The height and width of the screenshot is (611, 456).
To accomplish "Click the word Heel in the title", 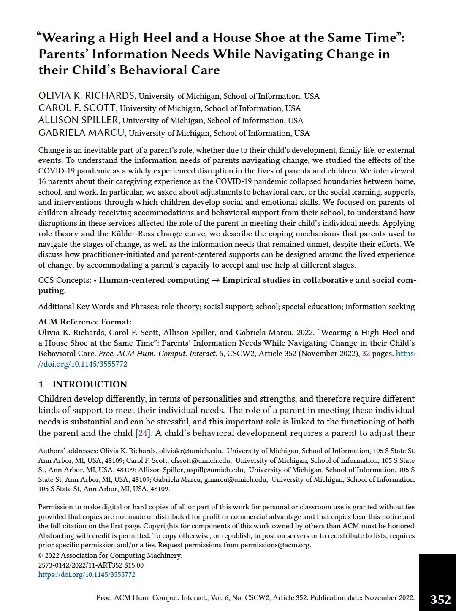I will coord(156,38).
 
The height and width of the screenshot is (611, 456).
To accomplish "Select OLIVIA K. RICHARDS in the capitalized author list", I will coord(87,96).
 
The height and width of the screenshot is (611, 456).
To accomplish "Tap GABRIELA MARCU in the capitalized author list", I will coord(82,133).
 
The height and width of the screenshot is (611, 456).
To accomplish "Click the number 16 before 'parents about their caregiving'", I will coord(42,181).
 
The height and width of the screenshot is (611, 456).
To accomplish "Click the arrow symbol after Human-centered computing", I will coord(215,280).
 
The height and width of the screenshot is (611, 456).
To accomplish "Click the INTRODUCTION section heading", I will coord(90,384).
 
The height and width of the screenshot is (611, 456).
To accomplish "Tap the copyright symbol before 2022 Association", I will coord(41,556).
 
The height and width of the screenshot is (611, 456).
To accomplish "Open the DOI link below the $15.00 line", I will coord(87,575).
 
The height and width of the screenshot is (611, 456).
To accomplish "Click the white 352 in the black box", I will coord(440,600).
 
